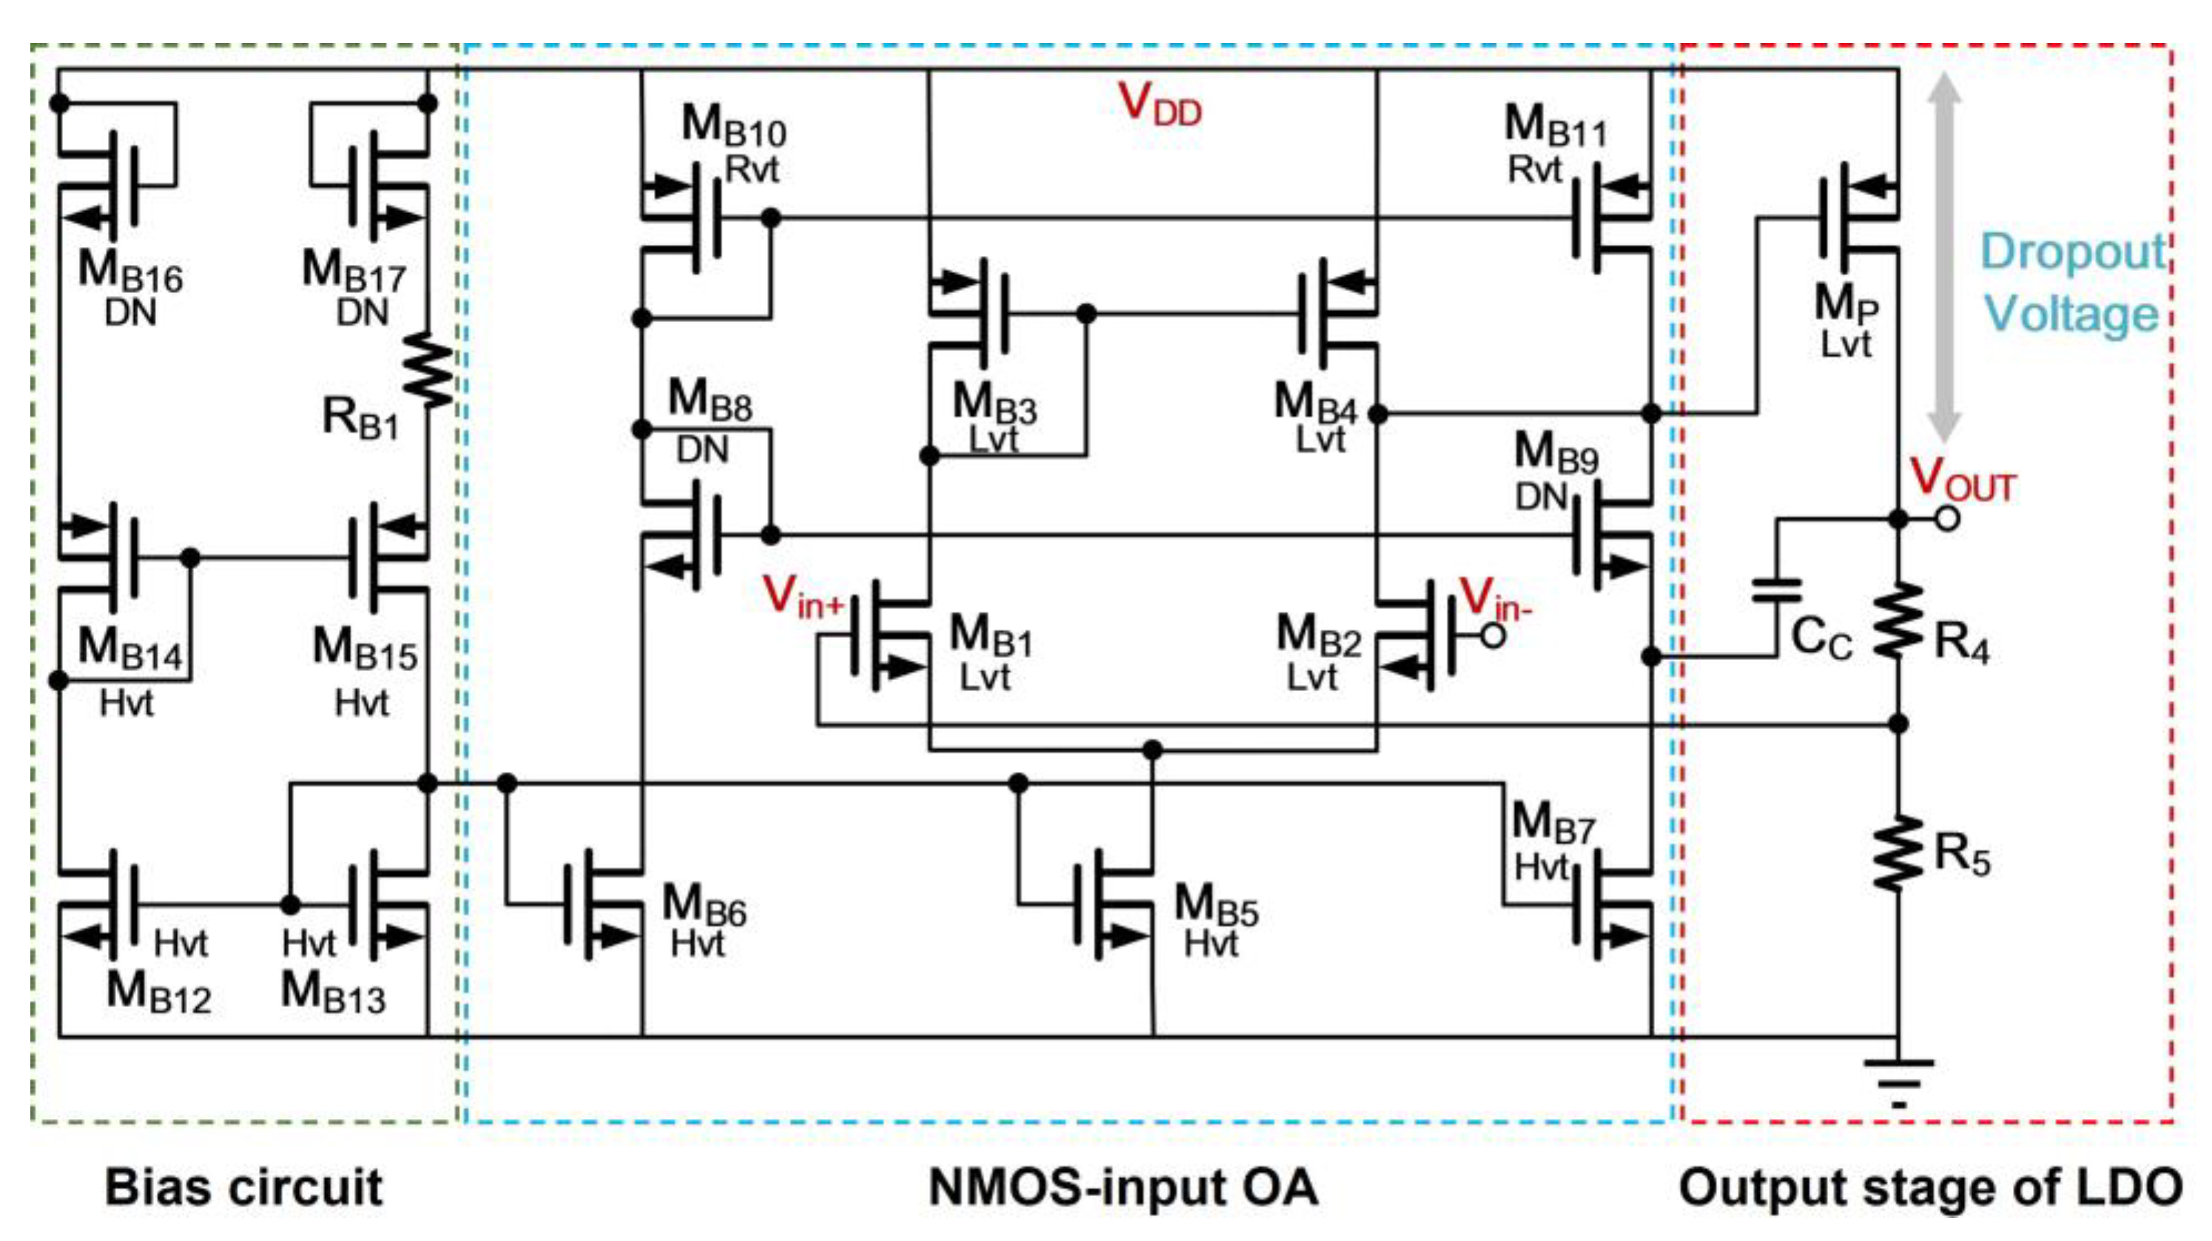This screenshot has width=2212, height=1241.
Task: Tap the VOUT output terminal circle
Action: coord(1946,519)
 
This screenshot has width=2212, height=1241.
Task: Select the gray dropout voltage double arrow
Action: coord(1944,258)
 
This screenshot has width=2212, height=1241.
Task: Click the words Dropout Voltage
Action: coord(2072,283)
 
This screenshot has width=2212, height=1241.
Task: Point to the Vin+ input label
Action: coord(803,597)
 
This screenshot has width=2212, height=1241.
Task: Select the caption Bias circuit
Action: coord(244,1188)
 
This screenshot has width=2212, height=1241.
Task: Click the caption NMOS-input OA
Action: coord(1122,1188)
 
